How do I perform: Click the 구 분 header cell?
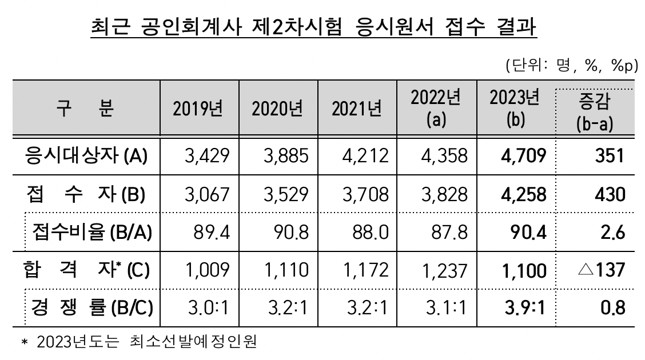click(86, 109)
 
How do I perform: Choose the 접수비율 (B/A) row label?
click(91, 231)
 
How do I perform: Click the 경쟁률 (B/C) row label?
click(89, 308)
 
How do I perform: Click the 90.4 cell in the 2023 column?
click(529, 231)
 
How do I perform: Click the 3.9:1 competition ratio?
click(524, 308)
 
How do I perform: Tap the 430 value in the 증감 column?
click(608, 194)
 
